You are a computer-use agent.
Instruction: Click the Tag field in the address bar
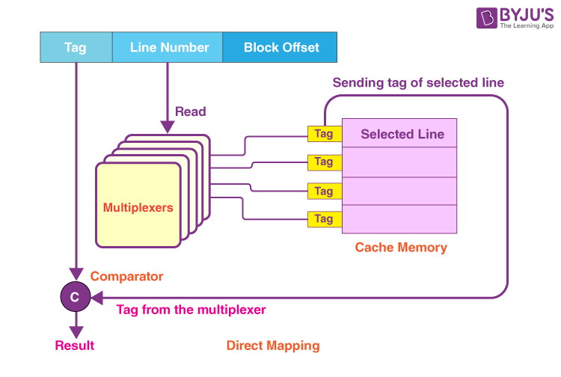(x=75, y=47)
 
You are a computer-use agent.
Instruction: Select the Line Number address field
(x=169, y=47)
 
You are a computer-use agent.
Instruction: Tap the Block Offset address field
(x=281, y=47)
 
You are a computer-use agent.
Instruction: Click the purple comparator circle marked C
(x=74, y=297)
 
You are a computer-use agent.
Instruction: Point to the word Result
(x=75, y=346)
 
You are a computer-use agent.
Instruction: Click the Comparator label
(x=126, y=277)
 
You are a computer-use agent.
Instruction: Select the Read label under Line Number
(x=190, y=112)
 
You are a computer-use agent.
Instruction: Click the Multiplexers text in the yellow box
(x=138, y=207)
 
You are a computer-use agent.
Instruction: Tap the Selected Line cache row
(x=402, y=135)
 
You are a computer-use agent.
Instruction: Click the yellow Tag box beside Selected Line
(x=323, y=134)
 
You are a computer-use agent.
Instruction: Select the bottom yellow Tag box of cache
(x=323, y=219)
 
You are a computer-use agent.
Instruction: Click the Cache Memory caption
(x=401, y=248)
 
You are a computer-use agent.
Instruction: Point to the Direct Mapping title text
(x=273, y=346)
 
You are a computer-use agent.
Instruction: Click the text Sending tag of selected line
(x=418, y=82)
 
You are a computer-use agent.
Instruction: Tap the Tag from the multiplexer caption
(x=191, y=310)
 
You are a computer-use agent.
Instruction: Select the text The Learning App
(x=516, y=25)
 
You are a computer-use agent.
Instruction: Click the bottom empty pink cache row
(x=399, y=219)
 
